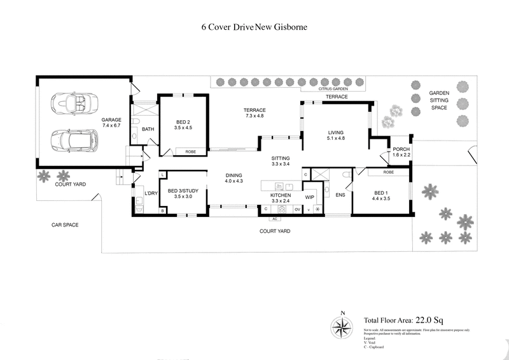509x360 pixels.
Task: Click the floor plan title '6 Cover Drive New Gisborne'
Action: coord(254,28)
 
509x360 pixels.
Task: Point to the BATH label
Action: coord(148,129)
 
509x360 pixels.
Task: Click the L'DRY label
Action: coord(151,193)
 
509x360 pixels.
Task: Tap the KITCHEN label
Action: coord(281,195)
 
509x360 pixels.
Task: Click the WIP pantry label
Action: coord(310,197)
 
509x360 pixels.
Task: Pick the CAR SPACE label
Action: coord(66,225)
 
